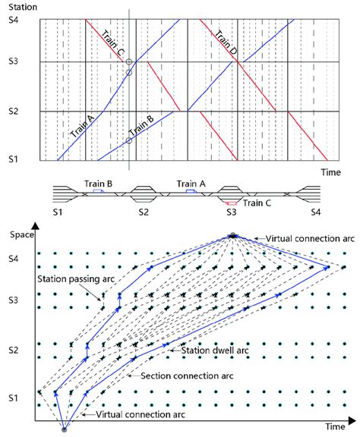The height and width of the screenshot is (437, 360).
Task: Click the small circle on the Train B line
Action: [129, 140]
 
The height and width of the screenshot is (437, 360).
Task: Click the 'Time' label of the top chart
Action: [330, 172]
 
